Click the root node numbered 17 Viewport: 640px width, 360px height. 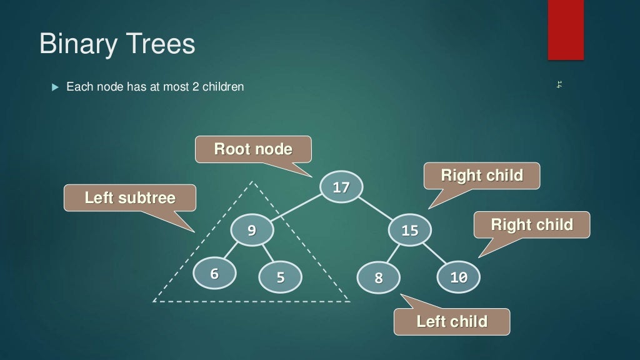(x=341, y=186)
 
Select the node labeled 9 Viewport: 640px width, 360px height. (x=252, y=230)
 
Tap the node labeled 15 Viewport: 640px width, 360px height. (x=409, y=230)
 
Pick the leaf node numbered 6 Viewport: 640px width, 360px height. (x=214, y=274)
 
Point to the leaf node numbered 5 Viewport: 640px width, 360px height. (x=280, y=277)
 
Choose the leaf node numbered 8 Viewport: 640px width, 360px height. (x=378, y=277)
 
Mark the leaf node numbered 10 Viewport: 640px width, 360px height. (x=458, y=277)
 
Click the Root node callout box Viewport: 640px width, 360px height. (x=253, y=149)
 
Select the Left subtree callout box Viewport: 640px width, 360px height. (x=130, y=198)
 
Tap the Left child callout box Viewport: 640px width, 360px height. (x=451, y=322)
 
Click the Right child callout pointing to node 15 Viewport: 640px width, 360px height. (x=481, y=176)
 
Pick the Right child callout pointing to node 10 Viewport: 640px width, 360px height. (x=531, y=224)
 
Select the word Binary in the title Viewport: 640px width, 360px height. (x=77, y=44)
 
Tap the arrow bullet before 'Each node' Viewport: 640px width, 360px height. (x=54, y=86)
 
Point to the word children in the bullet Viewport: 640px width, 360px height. (x=222, y=87)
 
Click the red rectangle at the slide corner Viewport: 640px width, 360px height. (x=566, y=30)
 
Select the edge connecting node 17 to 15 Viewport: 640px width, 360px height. (x=376, y=208)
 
